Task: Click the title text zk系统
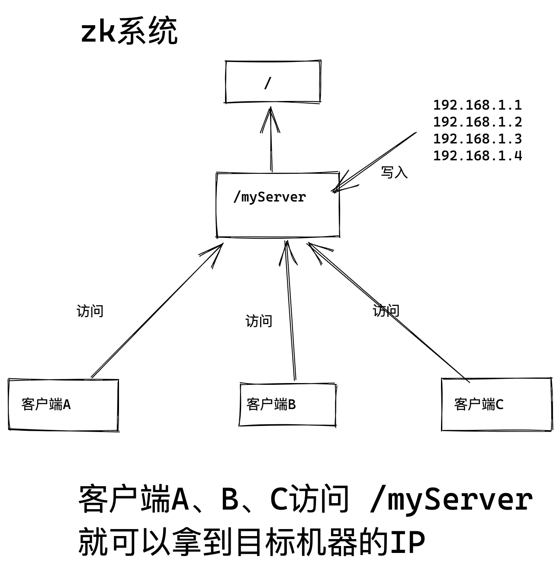point(129,32)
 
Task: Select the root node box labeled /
point(273,82)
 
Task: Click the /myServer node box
point(277,205)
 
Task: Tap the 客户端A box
point(63,405)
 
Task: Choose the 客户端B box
point(288,405)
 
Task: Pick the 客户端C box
point(496,405)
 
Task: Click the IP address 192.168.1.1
point(477,105)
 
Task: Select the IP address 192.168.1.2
point(477,122)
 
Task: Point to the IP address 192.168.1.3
point(477,139)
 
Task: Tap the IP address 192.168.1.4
point(477,156)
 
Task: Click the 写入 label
point(394,172)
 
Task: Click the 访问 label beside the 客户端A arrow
point(90,311)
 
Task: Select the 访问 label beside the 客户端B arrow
point(259,321)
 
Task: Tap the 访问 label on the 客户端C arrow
point(386,311)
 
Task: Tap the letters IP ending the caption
point(408,542)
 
